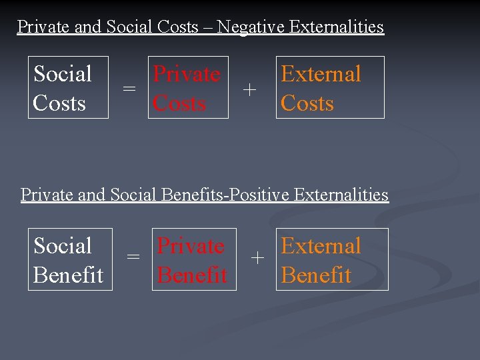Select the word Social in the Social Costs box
[63, 73]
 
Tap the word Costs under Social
[59, 103]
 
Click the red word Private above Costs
[187, 73]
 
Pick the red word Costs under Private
[179, 103]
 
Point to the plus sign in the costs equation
[249, 89]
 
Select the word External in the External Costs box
[321, 73]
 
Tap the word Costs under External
[307, 103]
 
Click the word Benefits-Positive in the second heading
[225, 195]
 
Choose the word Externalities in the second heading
[341, 195]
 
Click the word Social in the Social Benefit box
[63, 245]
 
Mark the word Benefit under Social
[68, 275]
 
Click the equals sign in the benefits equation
[133, 257]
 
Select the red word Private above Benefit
[191, 245]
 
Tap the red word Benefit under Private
[192, 275]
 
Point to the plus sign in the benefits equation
[257, 257]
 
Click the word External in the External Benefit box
[321, 245]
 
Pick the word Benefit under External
[316, 275]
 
